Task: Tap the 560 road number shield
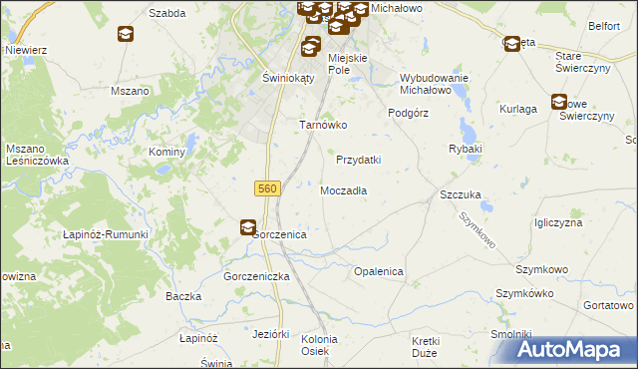(x=266, y=187)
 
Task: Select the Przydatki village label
(x=359, y=160)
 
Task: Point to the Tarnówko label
(x=323, y=126)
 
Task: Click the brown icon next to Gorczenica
(x=247, y=228)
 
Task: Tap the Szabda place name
(x=167, y=13)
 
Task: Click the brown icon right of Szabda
(x=125, y=34)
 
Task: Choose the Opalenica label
(x=378, y=271)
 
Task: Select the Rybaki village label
(x=466, y=149)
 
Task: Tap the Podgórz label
(x=408, y=113)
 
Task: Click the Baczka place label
(x=184, y=297)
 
